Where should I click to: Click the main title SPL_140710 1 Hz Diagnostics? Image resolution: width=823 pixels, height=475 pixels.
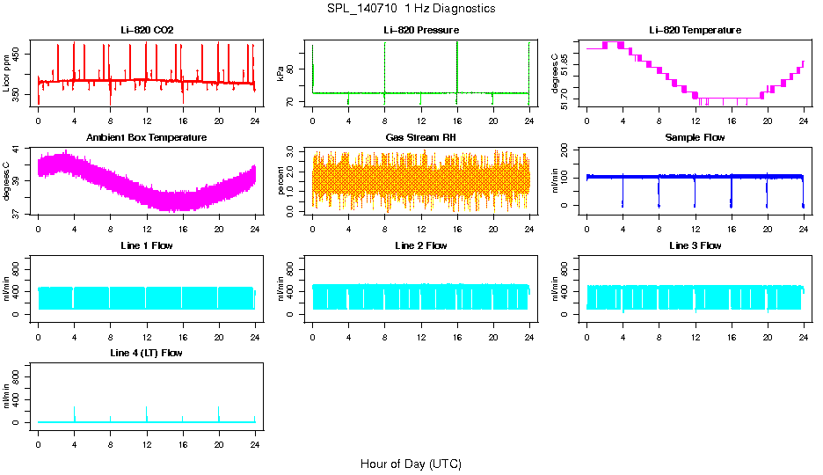click(410, 9)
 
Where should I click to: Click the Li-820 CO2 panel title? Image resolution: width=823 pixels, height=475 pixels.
click(147, 30)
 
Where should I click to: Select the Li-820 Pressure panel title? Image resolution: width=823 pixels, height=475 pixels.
click(421, 30)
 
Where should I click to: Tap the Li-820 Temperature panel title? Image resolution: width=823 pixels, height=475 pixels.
click(695, 30)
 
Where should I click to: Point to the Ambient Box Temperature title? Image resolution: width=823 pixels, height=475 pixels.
click(147, 137)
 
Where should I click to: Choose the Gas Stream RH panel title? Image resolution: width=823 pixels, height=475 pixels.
click(421, 137)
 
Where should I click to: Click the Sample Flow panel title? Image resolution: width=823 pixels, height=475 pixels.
click(695, 137)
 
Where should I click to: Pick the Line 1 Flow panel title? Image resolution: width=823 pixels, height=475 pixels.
click(147, 245)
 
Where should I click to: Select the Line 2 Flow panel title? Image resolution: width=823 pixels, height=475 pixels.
click(421, 245)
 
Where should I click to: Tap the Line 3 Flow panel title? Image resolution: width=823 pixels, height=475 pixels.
click(695, 245)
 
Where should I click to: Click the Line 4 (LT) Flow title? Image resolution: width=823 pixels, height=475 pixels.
click(147, 353)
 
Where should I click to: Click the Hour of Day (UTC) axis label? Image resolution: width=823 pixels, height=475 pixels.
click(411, 464)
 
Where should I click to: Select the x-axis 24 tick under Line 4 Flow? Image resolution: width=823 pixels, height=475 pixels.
click(255, 436)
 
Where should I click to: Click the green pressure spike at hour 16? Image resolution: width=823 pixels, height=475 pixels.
click(457, 62)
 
